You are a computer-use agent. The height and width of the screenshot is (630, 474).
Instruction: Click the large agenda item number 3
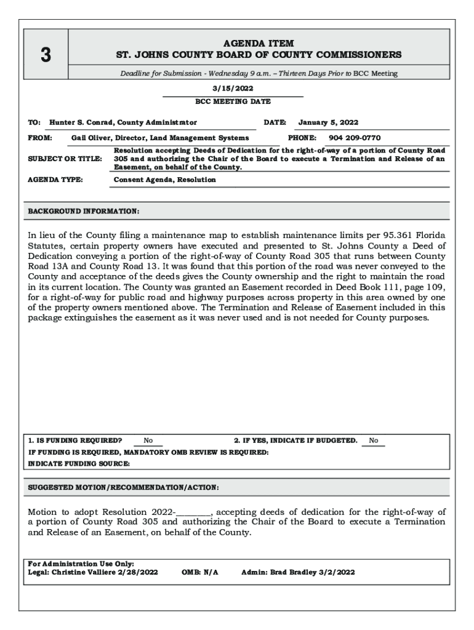click(46, 55)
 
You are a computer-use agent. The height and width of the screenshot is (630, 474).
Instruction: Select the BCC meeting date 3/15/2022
click(233, 88)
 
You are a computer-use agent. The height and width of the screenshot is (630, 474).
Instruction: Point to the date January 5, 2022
click(328, 122)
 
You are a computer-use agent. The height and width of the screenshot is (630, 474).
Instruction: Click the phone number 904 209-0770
click(355, 138)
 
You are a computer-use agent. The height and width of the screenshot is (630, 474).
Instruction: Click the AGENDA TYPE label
click(55, 180)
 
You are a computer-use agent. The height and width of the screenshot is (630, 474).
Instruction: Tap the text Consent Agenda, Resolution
click(165, 180)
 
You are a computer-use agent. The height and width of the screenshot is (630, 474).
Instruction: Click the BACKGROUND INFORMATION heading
click(84, 211)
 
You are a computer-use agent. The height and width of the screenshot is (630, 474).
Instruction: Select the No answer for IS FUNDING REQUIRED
click(148, 441)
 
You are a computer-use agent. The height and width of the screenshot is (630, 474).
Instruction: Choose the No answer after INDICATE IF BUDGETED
click(373, 441)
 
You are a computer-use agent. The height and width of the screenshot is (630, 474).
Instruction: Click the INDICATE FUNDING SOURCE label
click(79, 463)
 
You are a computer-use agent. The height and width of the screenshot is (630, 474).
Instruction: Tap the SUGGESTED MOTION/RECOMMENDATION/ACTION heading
click(123, 487)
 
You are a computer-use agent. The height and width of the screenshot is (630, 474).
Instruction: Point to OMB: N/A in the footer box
click(200, 572)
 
